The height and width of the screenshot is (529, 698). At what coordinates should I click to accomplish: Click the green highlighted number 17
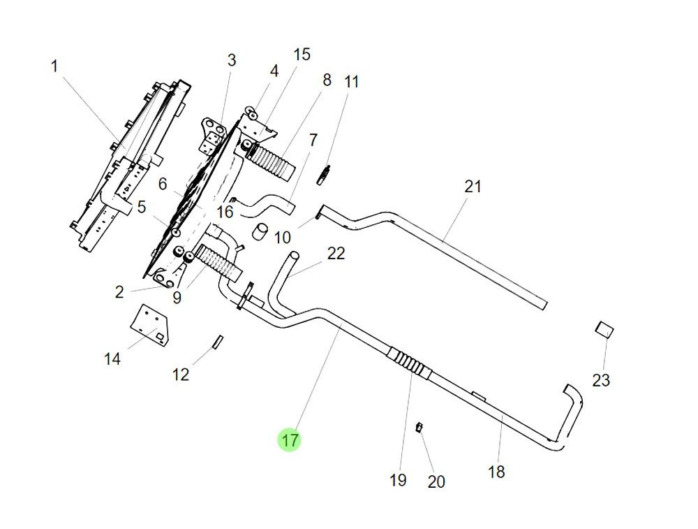tap(290, 440)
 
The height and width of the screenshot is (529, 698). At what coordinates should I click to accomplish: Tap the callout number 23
tap(601, 380)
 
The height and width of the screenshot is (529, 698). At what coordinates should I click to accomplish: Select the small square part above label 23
tap(604, 329)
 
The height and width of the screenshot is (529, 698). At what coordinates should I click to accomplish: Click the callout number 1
tap(54, 66)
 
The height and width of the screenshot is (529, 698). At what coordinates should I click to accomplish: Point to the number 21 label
tap(473, 187)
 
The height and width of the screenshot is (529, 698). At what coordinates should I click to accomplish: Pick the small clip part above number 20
tap(419, 427)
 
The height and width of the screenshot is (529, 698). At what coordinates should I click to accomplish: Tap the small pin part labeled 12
tap(216, 341)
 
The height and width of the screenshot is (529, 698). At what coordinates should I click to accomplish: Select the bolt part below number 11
tap(324, 175)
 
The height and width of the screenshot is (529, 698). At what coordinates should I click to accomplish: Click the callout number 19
tap(397, 480)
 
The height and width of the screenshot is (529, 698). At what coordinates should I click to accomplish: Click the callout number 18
tap(496, 472)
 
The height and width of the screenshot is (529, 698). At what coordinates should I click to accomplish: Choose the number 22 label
tap(336, 254)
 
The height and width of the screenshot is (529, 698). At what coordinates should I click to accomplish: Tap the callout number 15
tap(301, 55)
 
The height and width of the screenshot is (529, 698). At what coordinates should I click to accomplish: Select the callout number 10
tap(282, 238)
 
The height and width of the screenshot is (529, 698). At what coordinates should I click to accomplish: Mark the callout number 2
tap(119, 293)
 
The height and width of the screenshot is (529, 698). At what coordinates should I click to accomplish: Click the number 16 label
tap(224, 212)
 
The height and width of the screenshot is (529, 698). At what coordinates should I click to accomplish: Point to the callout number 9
tap(177, 298)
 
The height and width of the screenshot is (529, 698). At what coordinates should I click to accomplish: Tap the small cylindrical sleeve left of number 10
tap(260, 232)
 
